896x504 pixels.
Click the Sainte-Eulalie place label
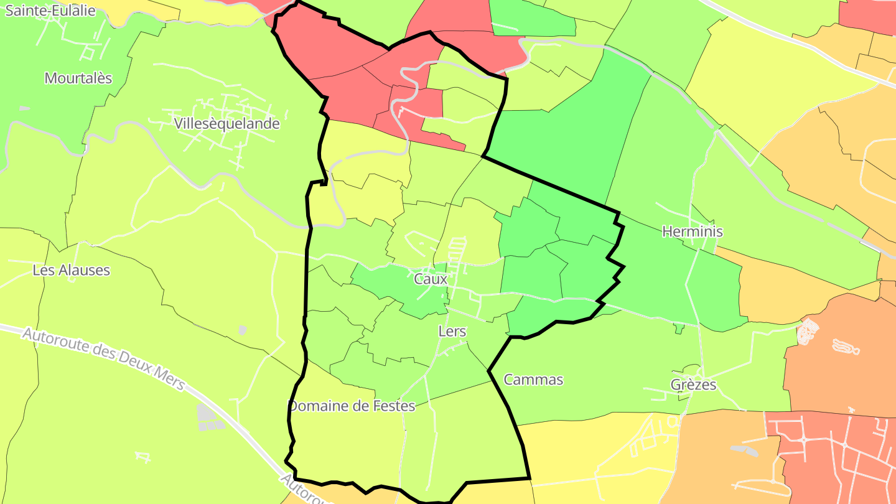pos(51,11)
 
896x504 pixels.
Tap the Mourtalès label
pos(78,78)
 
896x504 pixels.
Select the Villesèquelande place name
pos(227,123)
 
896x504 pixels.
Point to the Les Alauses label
pos(71,270)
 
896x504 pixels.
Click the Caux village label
pos(431,279)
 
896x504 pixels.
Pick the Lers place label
pos(452,331)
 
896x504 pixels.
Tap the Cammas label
pos(533,380)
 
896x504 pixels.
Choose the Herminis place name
pos(693,231)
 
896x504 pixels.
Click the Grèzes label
pos(693,385)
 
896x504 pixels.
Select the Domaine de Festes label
pos(352,406)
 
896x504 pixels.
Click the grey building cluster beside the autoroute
pos(209,418)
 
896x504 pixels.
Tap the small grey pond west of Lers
pos(242,330)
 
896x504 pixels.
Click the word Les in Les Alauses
pos(43,270)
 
